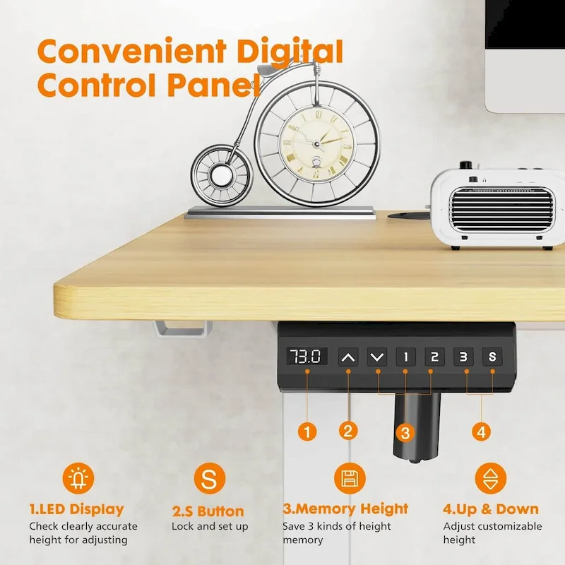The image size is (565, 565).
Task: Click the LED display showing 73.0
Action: (x=307, y=356)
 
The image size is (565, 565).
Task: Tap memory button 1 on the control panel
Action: (x=405, y=357)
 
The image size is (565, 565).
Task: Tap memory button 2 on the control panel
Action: (x=434, y=357)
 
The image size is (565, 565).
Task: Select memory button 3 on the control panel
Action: (x=463, y=357)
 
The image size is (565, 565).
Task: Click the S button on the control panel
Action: (x=492, y=357)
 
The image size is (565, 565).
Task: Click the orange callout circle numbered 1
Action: (x=307, y=429)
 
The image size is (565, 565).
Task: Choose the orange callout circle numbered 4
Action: (x=482, y=430)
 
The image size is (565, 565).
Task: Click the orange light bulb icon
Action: (x=76, y=480)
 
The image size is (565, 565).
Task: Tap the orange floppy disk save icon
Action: (x=348, y=480)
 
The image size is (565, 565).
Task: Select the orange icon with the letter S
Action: (x=209, y=480)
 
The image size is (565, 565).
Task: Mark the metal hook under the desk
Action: (x=182, y=328)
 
